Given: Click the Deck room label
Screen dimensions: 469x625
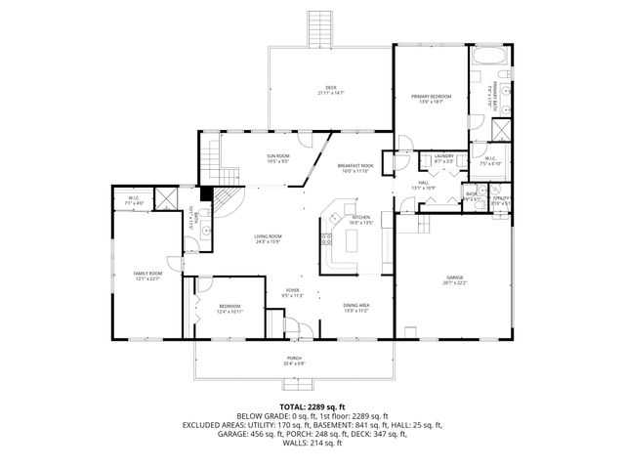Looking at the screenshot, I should tap(332, 89).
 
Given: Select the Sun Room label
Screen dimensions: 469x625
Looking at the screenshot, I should tap(278, 157).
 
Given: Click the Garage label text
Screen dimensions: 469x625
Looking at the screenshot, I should tap(455, 278).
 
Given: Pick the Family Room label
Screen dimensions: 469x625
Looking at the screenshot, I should tap(146, 276).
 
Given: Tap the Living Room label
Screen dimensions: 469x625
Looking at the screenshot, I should tap(269, 238).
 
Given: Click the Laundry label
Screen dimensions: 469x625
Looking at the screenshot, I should tap(444, 157).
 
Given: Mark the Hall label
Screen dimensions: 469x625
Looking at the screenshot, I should tap(422, 184).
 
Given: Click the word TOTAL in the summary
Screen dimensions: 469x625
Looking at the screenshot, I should tap(293, 406).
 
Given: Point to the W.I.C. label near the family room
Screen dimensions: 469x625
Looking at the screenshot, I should tap(135, 201).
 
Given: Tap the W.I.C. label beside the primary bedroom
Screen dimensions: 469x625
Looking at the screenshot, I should tap(489, 162).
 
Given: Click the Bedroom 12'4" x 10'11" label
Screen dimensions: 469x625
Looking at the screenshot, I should tap(229, 308).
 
